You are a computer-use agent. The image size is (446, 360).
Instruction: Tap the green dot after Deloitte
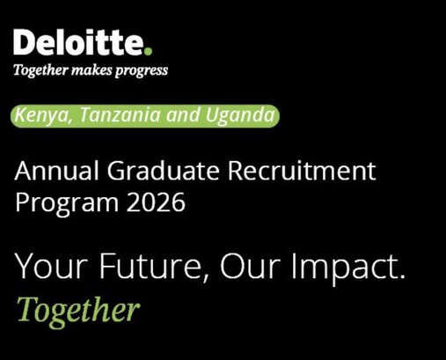(x=150, y=51)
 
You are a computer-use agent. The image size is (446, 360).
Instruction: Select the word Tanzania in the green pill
(x=109, y=115)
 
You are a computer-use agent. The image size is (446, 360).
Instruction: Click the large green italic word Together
(x=78, y=309)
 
